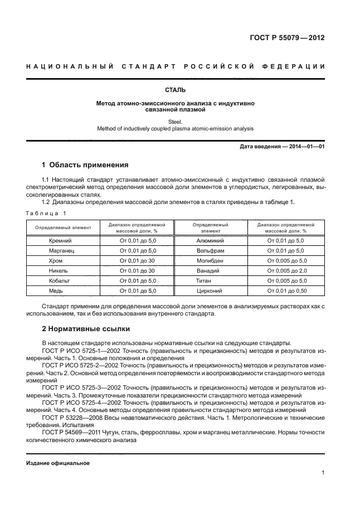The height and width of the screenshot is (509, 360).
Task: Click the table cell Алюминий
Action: tap(211, 240)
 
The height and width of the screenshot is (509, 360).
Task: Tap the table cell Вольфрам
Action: tap(211, 250)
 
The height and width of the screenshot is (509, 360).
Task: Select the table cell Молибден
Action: tap(211, 260)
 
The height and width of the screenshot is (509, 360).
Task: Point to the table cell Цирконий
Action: tap(211, 290)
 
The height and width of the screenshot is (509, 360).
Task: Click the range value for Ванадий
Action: tap(286, 270)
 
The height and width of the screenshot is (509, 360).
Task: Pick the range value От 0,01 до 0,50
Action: tap(286, 290)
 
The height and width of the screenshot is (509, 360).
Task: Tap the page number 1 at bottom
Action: tap(323, 473)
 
